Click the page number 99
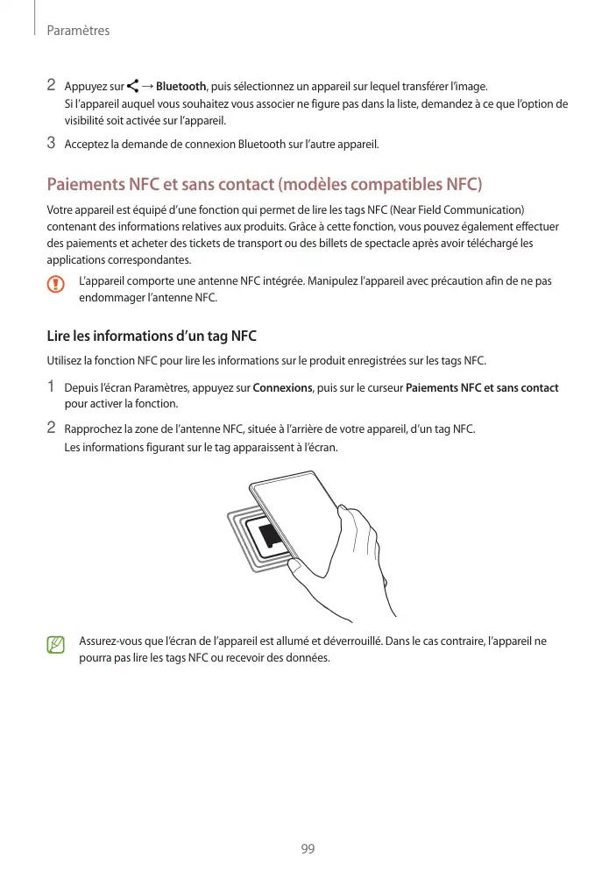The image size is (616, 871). pyautogui.click(x=308, y=849)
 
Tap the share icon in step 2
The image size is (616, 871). pyautogui.click(x=132, y=86)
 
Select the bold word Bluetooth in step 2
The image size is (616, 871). pyautogui.click(x=181, y=86)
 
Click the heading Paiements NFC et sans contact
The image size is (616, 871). pyautogui.click(x=264, y=186)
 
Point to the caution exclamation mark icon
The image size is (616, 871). pyautogui.click(x=57, y=285)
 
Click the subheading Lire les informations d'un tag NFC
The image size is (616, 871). pyautogui.click(x=151, y=336)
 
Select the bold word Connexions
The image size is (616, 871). pyautogui.click(x=282, y=387)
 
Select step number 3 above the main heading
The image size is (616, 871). pyautogui.click(x=51, y=143)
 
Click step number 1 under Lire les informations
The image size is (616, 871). pyautogui.click(x=51, y=386)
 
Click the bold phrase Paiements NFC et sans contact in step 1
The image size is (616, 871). pyautogui.click(x=483, y=387)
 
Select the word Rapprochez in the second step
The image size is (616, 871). pyautogui.click(x=94, y=428)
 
